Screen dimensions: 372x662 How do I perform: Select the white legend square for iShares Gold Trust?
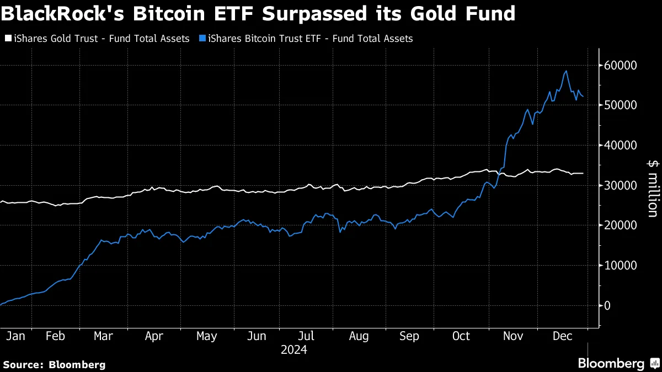tap(7, 39)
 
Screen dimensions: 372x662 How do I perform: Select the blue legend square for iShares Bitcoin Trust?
tap(202, 39)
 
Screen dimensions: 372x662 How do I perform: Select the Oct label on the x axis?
tap(461, 337)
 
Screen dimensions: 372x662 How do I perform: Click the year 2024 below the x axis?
tap(293, 350)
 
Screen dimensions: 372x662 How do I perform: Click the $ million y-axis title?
tap(652, 188)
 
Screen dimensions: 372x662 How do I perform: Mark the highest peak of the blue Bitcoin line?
tap(566, 71)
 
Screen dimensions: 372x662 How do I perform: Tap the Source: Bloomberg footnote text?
tap(54, 364)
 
